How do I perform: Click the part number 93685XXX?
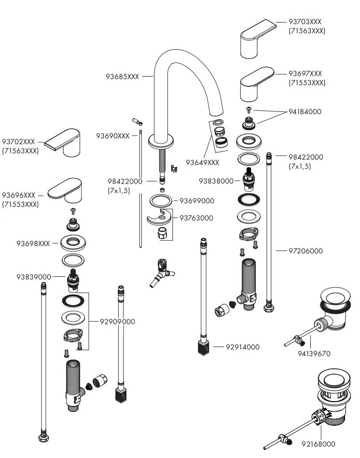tap(122, 77)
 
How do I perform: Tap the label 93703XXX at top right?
tap(305, 22)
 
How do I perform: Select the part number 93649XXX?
tap(202, 162)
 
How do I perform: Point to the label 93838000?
tap(216, 181)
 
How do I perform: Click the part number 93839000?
tap(33, 277)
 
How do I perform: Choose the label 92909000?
tap(117, 322)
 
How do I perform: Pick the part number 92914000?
tap(242, 347)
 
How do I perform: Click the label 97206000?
tap(305, 251)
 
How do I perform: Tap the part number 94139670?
tap(314, 353)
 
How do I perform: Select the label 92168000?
tap(318, 444)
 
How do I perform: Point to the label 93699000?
tap(196, 201)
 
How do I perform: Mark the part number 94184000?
tap(305, 112)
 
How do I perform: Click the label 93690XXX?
tap(112, 136)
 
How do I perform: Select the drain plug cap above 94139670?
tap(335, 295)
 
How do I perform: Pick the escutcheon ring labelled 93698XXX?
tap(73, 243)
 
